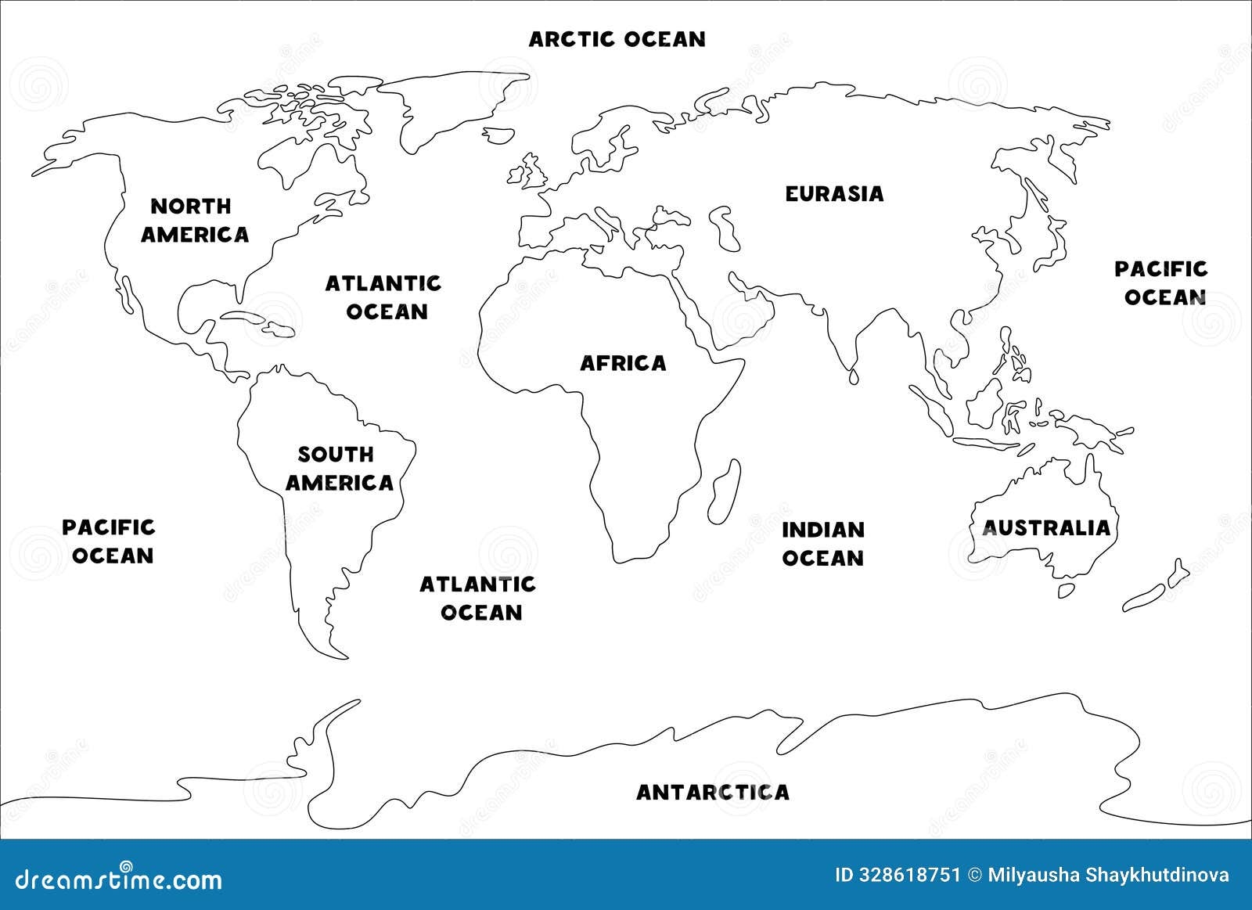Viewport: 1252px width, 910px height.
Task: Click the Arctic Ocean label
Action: tap(617, 39)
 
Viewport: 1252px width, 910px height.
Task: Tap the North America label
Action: tap(194, 220)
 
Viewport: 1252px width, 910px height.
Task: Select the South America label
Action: tap(338, 468)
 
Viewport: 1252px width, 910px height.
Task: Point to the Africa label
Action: tap(623, 363)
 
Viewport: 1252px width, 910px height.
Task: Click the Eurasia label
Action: tap(834, 193)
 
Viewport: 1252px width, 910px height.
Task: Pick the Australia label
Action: tap(1046, 527)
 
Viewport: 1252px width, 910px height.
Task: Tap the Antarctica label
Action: tap(712, 792)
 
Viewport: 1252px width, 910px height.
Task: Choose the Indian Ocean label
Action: tap(823, 544)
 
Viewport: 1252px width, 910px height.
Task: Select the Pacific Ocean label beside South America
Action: tap(109, 541)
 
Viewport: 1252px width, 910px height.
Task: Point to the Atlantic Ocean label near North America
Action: tap(383, 297)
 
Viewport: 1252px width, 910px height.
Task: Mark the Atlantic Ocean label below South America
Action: tap(478, 598)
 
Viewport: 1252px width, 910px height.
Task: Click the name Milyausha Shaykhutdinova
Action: tap(1106, 875)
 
